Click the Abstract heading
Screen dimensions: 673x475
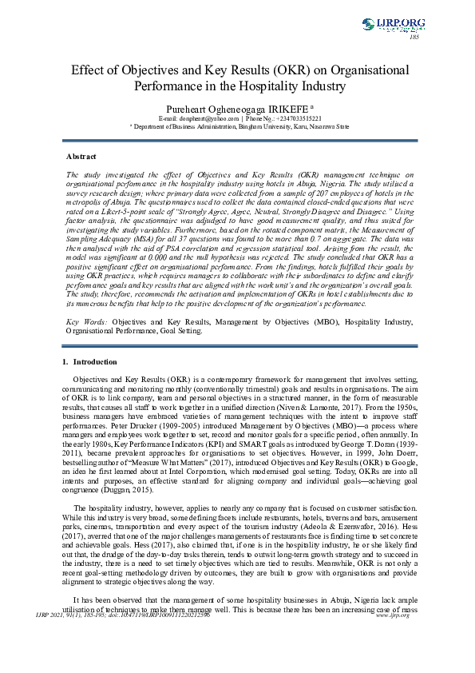[x=81, y=157]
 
